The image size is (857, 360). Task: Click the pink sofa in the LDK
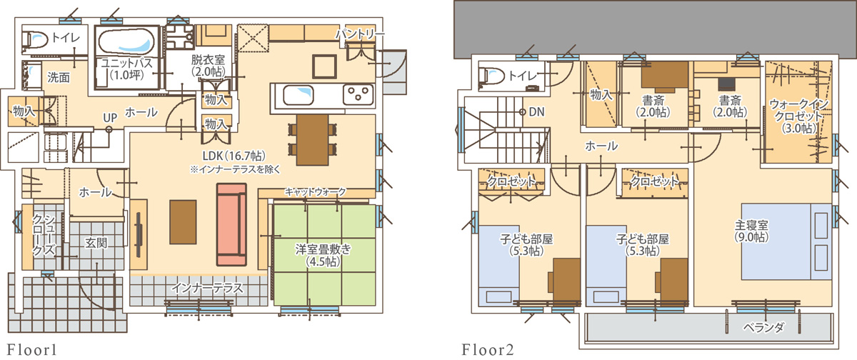pyautogui.click(x=231, y=224)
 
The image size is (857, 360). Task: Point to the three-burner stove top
pyautogui.click(x=358, y=94)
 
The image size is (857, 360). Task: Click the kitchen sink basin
pyautogui.click(x=299, y=95)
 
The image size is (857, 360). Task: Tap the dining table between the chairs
pyautogui.click(x=313, y=139)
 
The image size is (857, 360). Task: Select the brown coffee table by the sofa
pyautogui.click(x=184, y=222)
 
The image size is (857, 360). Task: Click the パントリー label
pyautogui.click(x=360, y=35)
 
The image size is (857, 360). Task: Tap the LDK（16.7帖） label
pyautogui.click(x=234, y=156)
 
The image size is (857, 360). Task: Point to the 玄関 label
pyautogui.click(x=96, y=243)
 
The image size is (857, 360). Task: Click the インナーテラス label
pyautogui.click(x=207, y=288)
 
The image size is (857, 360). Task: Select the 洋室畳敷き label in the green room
pyautogui.click(x=324, y=249)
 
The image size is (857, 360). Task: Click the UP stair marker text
pyautogui.click(x=110, y=118)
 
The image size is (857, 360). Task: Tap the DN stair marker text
pyautogui.click(x=536, y=111)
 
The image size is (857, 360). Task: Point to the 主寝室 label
pyautogui.click(x=751, y=224)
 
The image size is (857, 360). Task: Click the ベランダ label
pyautogui.click(x=763, y=327)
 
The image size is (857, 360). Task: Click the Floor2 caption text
pyautogui.click(x=488, y=350)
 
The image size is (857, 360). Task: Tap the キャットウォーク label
pyautogui.click(x=315, y=191)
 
